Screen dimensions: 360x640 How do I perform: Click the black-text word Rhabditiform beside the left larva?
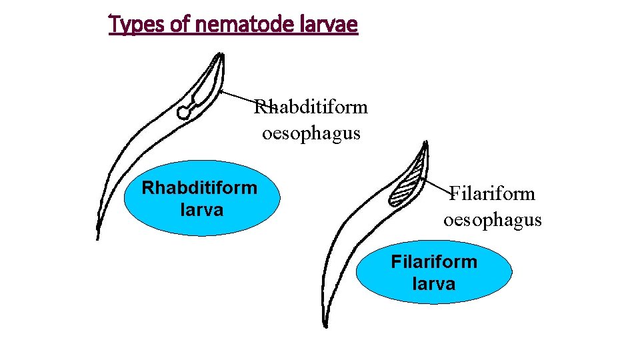click(311, 107)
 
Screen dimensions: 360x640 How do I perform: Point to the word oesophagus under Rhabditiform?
click(311, 133)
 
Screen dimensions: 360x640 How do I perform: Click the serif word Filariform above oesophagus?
click(492, 193)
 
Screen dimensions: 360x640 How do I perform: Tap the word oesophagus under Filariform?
click(492, 220)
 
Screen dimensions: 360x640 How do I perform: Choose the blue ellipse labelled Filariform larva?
click(434, 272)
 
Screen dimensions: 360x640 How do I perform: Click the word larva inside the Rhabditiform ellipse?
click(201, 210)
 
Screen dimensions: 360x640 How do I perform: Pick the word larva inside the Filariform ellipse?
click(434, 283)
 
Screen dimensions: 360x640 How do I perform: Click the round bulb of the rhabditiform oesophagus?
click(183, 113)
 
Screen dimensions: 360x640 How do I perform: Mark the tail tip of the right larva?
click(325, 325)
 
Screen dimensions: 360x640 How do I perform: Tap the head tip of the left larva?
click(222, 55)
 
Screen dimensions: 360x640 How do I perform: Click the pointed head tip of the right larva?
click(425, 142)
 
